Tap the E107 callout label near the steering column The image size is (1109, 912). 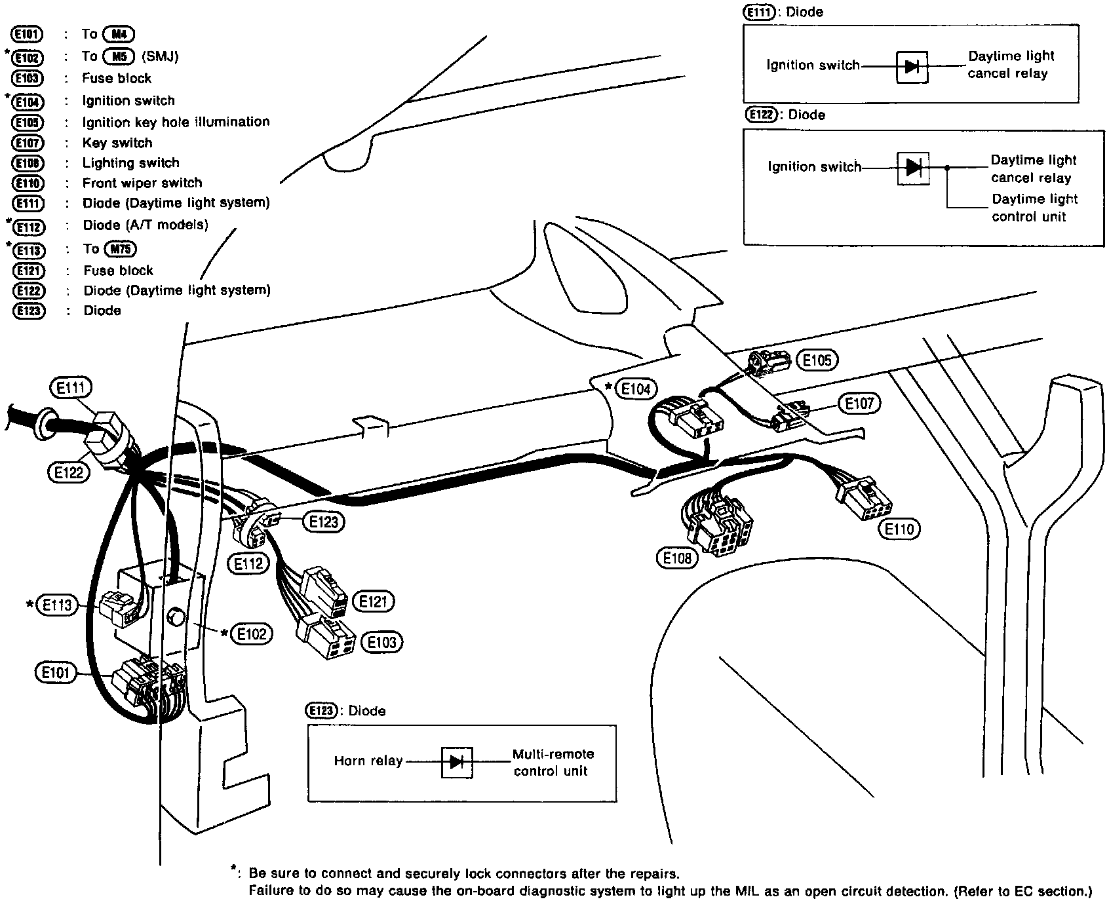click(x=860, y=404)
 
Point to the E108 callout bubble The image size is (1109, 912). click(x=677, y=558)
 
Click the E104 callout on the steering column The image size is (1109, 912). click(x=636, y=389)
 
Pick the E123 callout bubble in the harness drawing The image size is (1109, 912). click(x=324, y=522)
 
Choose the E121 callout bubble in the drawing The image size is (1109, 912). click(x=374, y=601)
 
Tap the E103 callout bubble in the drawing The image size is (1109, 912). click(x=382, y=642)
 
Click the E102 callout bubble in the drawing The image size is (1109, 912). click(x=252, y=634)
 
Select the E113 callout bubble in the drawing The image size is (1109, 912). click(x=57, y=605)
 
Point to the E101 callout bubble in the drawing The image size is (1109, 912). click(x=56, y=673)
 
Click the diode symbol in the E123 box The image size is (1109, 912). click(x=457, y=761)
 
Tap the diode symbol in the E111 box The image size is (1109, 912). click(x=912, y=66)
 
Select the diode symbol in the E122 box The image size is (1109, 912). click(x=913, y=168)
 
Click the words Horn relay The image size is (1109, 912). click(x=368, y=761)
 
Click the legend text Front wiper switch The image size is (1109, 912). click(x=142, y=183)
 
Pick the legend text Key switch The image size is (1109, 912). click(x=117, y=143)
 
